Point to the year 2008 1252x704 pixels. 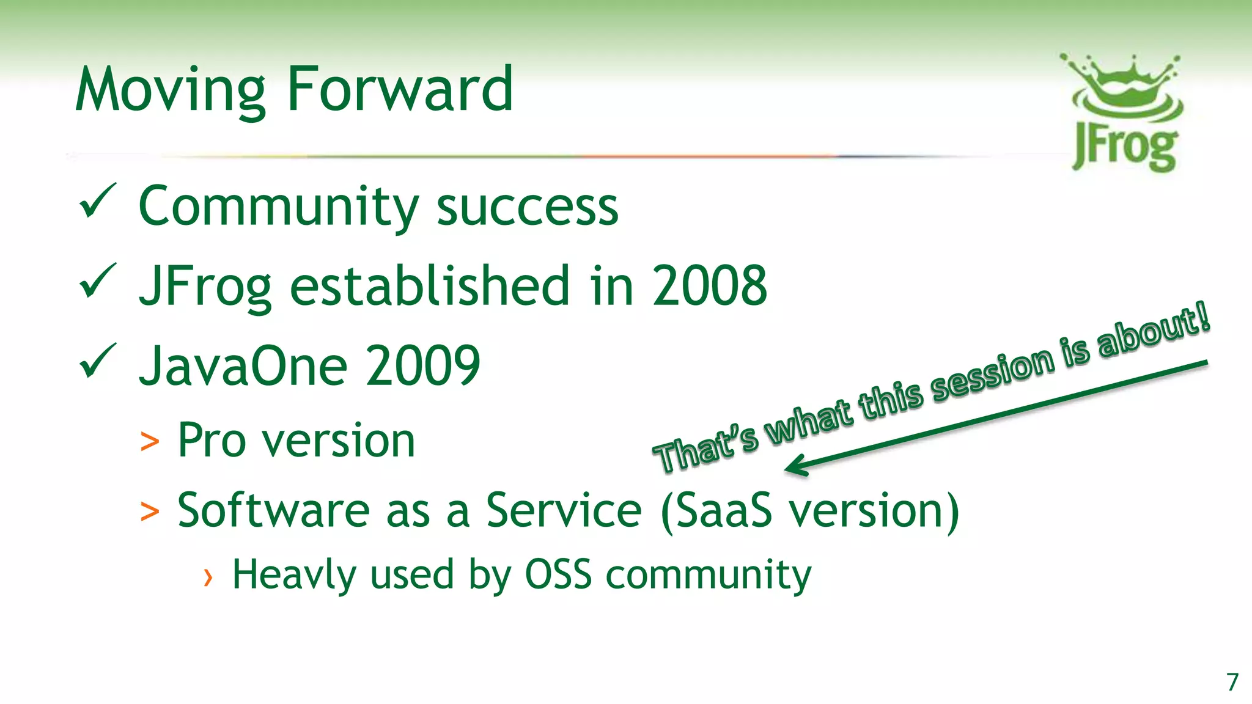coord(709,285)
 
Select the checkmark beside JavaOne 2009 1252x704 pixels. coord(97,361)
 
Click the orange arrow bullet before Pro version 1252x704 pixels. coord(150,441)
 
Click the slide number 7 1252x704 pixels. coord(1232,681)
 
